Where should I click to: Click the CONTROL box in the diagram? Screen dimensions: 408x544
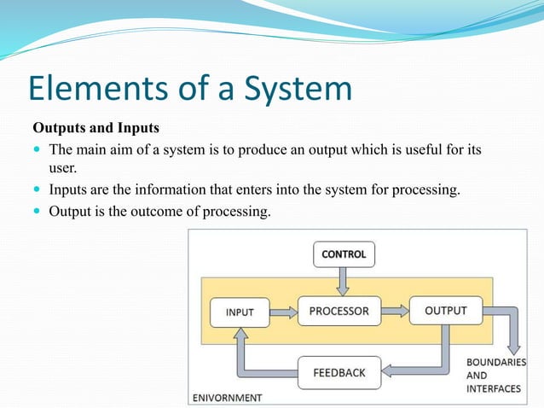click(x=344, y=254)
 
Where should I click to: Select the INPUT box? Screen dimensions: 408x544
click(x=239, y=312)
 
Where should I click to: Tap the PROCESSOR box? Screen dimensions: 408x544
click(x=339, y=311)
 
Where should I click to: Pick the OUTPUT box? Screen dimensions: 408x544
click(x=445, y=311)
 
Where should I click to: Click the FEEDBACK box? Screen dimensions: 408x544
click(x=339, y=372)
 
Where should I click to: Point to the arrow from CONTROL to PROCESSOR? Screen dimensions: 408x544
click(x=344, y=279)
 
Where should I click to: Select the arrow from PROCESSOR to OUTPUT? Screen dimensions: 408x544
click(x=394, y=311)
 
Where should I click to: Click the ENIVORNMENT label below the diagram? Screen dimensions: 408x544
click(x=227, y=398)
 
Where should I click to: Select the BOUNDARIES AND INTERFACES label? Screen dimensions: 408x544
click(x=495, y=376)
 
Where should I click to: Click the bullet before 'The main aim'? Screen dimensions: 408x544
click(x=38, y=150)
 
